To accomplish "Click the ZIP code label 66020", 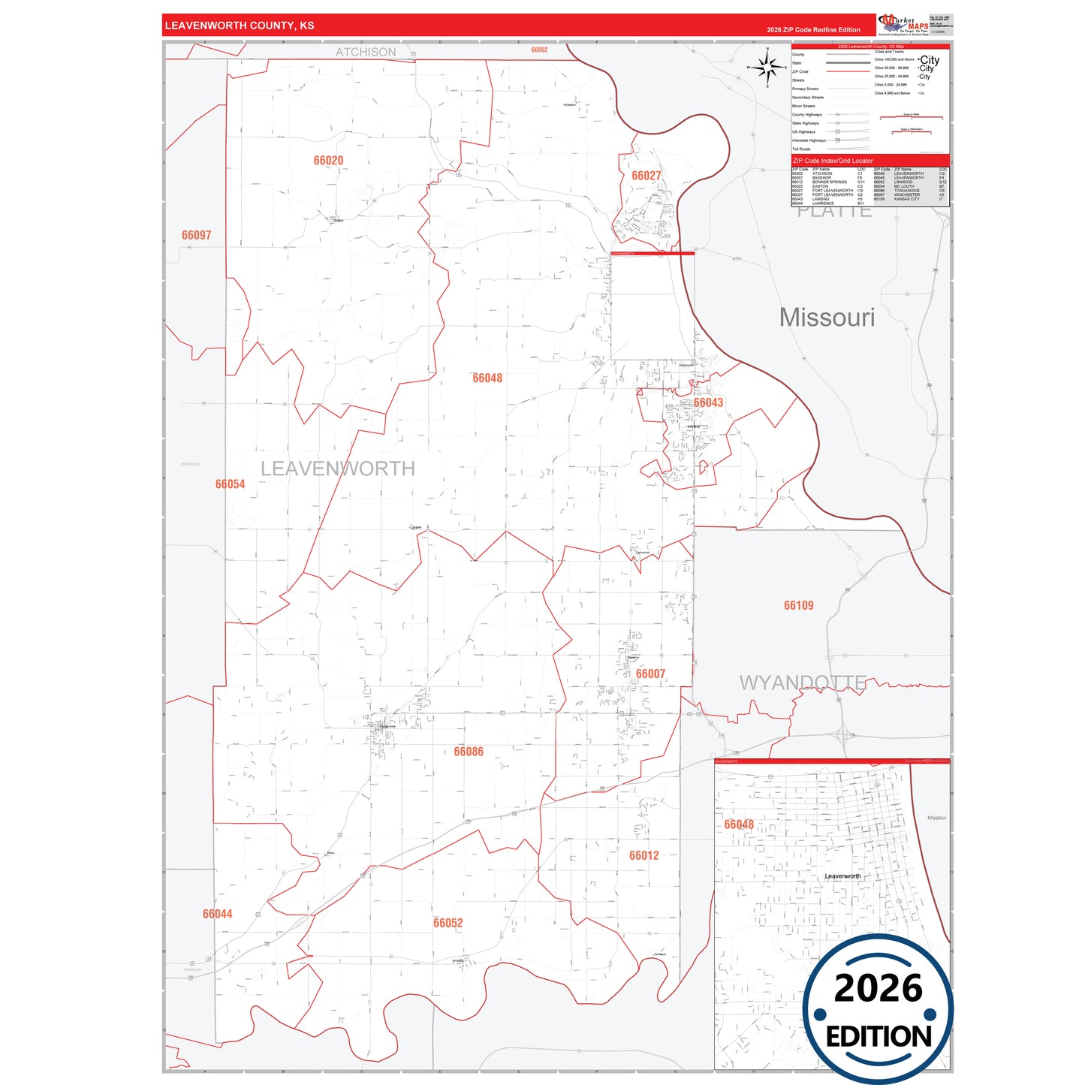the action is pyautogui.click(x=328, y=161).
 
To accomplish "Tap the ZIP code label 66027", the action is pyautogui.click(x=646, y=176).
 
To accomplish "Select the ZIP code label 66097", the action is pyautogui.click(x=196, y=235).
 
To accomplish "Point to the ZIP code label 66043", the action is pyautogui.click(x=708, y=403).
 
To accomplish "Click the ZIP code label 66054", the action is pyautogui.click(x=230, y=484).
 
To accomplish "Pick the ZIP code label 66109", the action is pyautogui.click(x=798, y=605).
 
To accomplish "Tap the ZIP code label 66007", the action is pyautogui.click(x=650, y=674).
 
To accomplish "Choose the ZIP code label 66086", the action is pyautogui.click(x=469, y=752).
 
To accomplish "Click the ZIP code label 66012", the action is pyautogui.click(x=643, y=855).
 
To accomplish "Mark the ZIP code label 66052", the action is pyautogui.click(x=448, y=923).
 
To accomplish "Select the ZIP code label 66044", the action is pyautogui.click(x=217, y=914).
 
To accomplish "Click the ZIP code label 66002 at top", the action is pyautogui.click(x=539, y=50).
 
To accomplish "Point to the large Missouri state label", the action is pyautogui.click(x=827, y=318).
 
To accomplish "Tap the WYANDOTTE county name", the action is pyautogui.click(x=802, y=683).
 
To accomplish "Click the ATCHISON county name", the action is pyautogui.click(x=366, y=52).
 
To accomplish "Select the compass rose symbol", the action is pyautogui.click(x=767, y=68).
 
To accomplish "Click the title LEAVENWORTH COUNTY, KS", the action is pyautogui.click(x=240, y=26).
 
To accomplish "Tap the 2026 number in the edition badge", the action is pyautogui.click(x=878, y=988).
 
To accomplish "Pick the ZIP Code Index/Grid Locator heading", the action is pyautogui.click(x=833, y=161).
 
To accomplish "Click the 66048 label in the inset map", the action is pyautogui.click(x=739, y=824).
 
